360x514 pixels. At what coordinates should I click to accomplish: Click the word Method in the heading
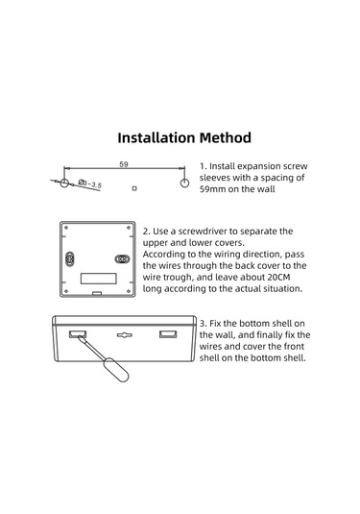click(x=225, y=138)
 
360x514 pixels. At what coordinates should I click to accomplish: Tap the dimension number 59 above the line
click(x=124, y=165)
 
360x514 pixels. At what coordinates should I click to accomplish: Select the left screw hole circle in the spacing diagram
click(x=64, y=181)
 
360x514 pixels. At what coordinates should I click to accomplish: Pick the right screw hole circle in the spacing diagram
click(x=183, y=181)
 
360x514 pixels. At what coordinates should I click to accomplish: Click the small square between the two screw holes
click(x=135, y=186)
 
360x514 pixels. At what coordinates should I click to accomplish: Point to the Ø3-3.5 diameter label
click(x=92, y=183)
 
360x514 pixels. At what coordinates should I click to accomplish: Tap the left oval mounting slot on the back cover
click(x=72, y=258)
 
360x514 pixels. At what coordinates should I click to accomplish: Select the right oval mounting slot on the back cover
click(x=122, y=258)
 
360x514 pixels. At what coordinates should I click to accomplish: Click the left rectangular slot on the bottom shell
click(x=75, y=333)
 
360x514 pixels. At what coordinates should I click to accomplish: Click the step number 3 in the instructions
click(x=203, y=322)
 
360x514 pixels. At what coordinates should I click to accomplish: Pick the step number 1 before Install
click(x=203, y=165)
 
